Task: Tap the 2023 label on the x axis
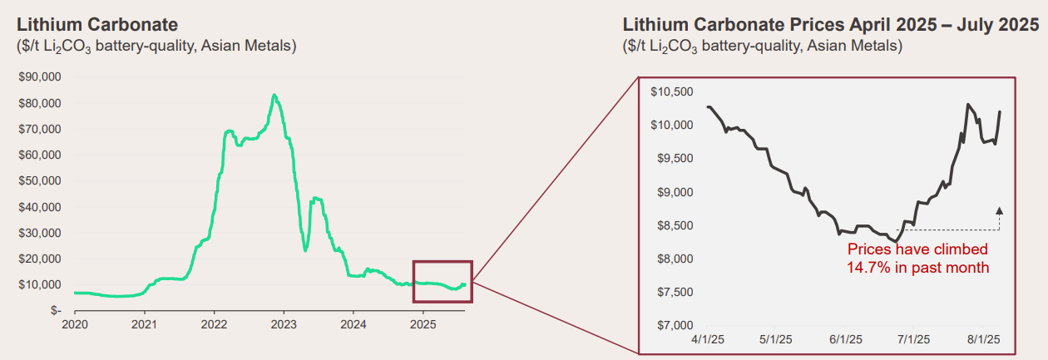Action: click(284, 323)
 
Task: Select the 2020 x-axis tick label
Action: click(76, 323)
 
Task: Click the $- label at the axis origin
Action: click(55, 310)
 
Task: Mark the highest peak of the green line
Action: click(274, 96)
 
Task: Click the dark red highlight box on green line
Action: click(442, 282)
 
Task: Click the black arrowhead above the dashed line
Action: click(999, 210)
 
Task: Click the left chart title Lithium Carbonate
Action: click(96, 25)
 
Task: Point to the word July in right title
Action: click(938, 25)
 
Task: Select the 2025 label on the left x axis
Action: click(423, 323)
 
